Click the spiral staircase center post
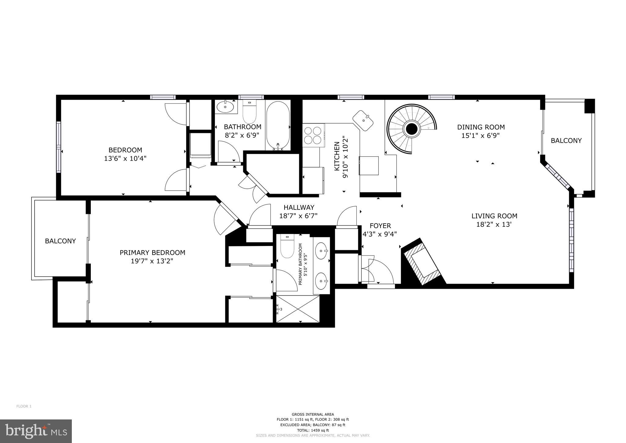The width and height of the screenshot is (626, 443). (x=411, y=129)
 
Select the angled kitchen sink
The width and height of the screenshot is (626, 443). (x=363, y=121)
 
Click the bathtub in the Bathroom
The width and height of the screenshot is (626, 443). (x=278, y=125)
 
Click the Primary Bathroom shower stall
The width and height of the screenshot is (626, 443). (x=298, y=309)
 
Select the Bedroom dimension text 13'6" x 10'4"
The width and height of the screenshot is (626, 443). (x=125, y=158)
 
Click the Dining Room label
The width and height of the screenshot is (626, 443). (x=481, y=127)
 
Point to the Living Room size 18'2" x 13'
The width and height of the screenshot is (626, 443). (x=494, y=225)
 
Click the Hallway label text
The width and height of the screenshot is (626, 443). (x=299, y=207)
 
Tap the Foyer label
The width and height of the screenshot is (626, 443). (x=380, y=226)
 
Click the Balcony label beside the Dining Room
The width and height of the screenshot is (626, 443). (x=566, y=141)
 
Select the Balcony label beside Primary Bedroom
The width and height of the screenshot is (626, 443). (x=60, y=241)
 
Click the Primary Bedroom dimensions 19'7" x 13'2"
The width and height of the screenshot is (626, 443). (x=152, y=261)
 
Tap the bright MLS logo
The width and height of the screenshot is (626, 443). (x=36, y=431)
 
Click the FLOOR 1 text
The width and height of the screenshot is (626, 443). (x=24, y=406)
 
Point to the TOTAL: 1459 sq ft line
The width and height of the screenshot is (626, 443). (x=312, y=430)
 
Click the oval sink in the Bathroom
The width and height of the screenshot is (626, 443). (x=225, y=107)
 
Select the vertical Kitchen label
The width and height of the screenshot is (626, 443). (x=337, y=156)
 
